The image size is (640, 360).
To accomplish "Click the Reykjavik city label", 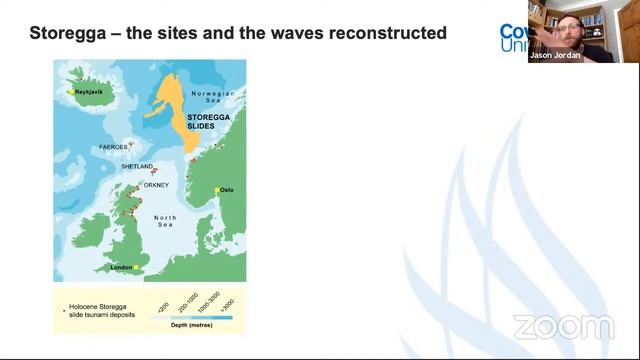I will pos(90,92).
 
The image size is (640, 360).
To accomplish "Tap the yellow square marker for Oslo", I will pos(216,189).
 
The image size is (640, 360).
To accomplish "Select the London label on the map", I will pos(121,268).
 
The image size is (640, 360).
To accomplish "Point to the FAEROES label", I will pos(113,147).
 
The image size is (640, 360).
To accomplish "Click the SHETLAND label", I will pos(136,167).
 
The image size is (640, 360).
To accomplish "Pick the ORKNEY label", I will pos(156,184).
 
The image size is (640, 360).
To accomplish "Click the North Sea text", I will pos(165,221).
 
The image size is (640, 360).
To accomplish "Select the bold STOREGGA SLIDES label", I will pos(208,122).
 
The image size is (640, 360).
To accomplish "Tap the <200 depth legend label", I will pos(164,305).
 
